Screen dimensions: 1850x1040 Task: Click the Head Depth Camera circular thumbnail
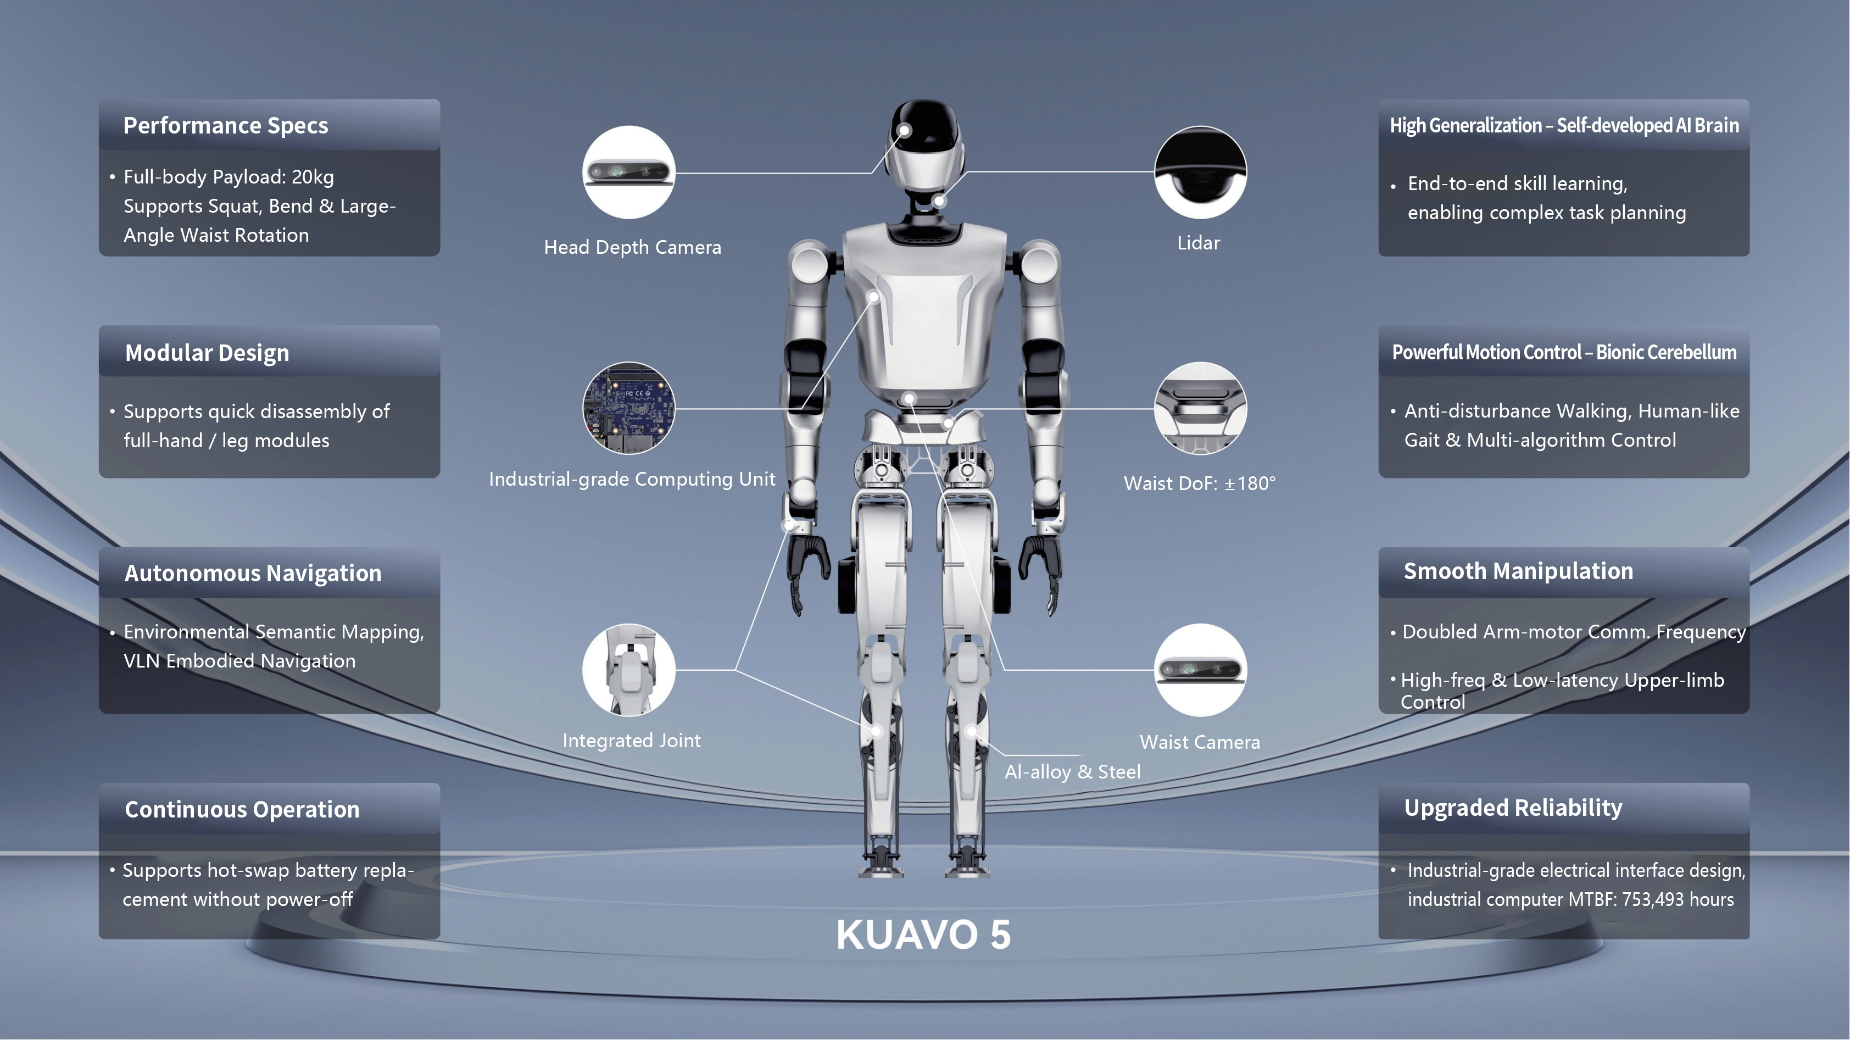(628, 173)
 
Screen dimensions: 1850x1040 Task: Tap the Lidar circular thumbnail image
(1200, 173)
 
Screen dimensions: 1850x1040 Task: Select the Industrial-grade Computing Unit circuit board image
(628, 408)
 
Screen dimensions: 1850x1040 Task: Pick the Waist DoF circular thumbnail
(1200, 408)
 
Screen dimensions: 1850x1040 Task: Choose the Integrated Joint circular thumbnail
(628, 669)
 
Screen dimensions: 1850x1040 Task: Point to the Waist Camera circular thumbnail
(1200, 669)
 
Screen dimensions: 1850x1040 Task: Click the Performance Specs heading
(226, 126)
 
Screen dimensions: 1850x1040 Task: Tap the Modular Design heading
(207, 353)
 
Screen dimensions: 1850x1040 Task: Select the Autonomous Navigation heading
(253, 573)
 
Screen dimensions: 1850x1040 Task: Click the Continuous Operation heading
(242, 809)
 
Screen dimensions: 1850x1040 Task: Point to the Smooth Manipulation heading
(1518, 571)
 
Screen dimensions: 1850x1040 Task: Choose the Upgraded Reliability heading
(1513, 808)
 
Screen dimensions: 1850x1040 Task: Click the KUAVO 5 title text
(923, 935)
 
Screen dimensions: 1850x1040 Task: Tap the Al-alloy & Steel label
(1072, 772)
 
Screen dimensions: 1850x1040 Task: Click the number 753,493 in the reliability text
(1652, 900)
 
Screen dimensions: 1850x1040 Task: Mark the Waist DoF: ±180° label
(1199, 483)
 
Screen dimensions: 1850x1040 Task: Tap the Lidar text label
(1199, 243)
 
